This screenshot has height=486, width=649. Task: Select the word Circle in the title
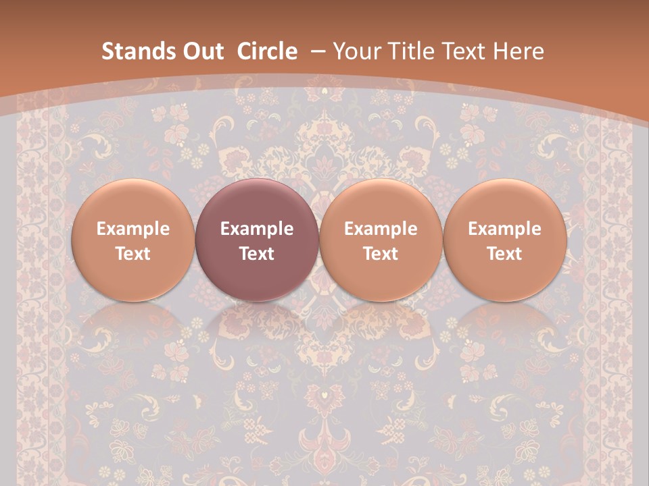point(267,51)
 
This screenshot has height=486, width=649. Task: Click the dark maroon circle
point(257,240)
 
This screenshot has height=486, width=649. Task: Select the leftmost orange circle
point(133,240)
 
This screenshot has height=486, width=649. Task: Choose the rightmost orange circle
point(504,240)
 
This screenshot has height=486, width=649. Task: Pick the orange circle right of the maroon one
point(381,240)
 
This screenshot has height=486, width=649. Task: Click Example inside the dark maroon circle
point(257,229)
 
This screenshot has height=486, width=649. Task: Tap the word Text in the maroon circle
point(257,254)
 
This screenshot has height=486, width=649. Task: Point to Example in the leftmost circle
point(133,229)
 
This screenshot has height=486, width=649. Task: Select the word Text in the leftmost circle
point(133,254)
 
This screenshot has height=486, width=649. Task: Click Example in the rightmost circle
point(504,229)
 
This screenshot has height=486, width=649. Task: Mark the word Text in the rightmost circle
point(504,254)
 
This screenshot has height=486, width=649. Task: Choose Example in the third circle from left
point(381,229)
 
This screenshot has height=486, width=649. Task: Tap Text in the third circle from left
point(381,254)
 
